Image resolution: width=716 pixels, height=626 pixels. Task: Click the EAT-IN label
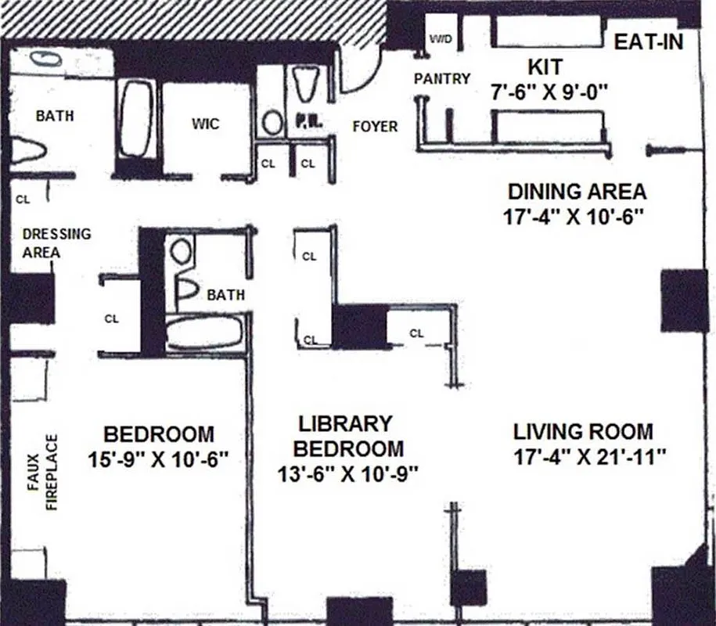(x=648, y=42)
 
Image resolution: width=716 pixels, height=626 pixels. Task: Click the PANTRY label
(x=442, y=79)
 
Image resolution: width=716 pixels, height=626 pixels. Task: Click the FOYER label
(x=375, y=126)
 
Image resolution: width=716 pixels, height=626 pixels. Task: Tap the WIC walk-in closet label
(x=205, y=124)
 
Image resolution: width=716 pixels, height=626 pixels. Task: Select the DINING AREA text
(x=577, y=192)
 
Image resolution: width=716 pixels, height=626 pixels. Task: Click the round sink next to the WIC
(x=272, y=122)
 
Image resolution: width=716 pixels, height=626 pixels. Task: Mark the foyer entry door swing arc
(x=356, y=77)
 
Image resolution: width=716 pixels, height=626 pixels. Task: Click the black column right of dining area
(x=683, y=300)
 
